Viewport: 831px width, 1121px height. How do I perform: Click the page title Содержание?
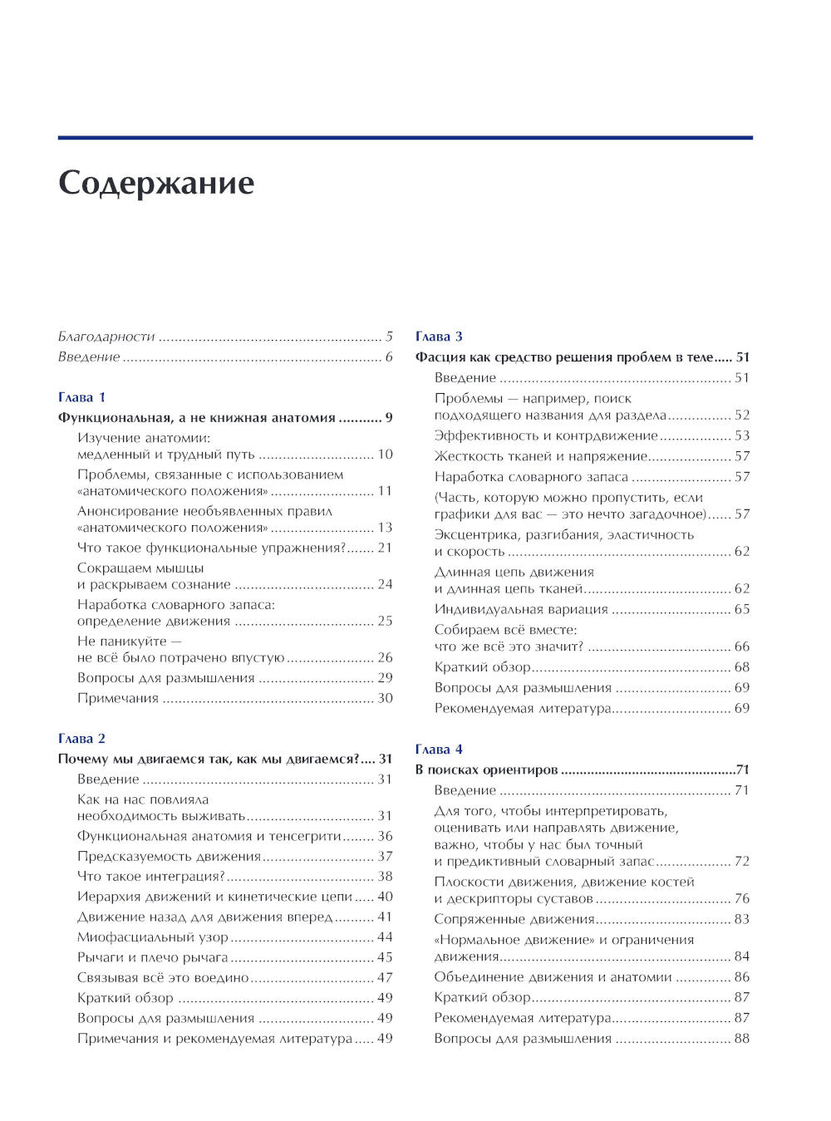(156, 184)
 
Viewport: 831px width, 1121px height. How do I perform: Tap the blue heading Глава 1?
(81, 397)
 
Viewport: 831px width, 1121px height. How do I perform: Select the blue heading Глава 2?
(81, 738)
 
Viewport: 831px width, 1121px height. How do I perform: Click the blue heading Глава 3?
(439, 337)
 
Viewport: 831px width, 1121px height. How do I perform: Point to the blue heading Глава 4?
(439, 749)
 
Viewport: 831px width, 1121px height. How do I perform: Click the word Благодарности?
(106, 337)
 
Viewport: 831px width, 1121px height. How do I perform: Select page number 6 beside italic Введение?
(388, 357)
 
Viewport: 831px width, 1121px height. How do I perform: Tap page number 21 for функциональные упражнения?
(384, 548)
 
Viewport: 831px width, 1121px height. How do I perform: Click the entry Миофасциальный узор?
(153, 937)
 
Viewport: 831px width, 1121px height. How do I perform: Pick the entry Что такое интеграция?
(151, 876)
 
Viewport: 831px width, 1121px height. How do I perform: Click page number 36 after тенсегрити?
(384, 836)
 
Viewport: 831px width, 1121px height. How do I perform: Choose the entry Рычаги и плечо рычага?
(153, 957)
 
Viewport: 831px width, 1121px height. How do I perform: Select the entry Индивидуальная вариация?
(521, 609)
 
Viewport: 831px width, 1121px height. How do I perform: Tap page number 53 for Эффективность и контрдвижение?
(741, 435)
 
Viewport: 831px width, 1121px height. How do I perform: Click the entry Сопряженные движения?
(514, 919)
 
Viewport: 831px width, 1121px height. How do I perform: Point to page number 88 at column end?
(741, 1038)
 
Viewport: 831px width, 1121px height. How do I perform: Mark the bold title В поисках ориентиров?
(486, 769)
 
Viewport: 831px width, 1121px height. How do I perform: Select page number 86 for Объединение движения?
(741, 977)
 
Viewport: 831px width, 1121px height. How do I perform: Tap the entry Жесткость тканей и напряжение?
(540, 456)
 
